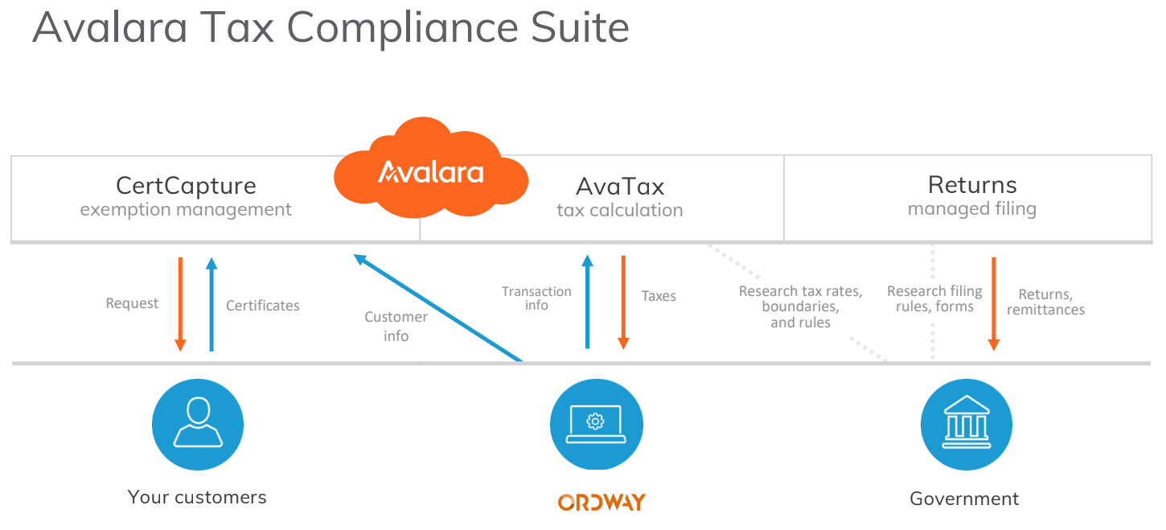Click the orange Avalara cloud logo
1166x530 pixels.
pyautogui.click(x=430, y=171)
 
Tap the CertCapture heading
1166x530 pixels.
pyautogui.click(x=186, y=186)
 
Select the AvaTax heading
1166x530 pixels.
pyautogui.click(x=619, y=187)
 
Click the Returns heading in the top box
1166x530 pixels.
pyautogui.click(x=971, y=184)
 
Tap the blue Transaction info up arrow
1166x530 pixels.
pyautogui.click(x=587, y=302)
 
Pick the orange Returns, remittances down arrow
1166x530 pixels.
pyautogui.click(x=993, y=303)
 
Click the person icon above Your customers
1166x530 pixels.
pyautogui.click(x=197, y=424)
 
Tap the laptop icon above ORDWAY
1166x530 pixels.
pyautogui.click(x=596, y=424)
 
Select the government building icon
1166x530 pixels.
pyautogui.click(x=966, y=424)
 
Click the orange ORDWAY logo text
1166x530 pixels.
pyautogui.click(x=601, y=503)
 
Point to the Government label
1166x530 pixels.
pyautogui.click(x=964, y=499)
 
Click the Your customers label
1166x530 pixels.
pyautogui.click(x=197, y=497)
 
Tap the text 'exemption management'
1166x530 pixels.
pyautogui.click(x=186, y=210)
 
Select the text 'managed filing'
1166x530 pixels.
pyautogui.click(x=971, y=209)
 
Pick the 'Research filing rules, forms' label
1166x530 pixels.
pyautogui.click(x=934, y=298)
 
